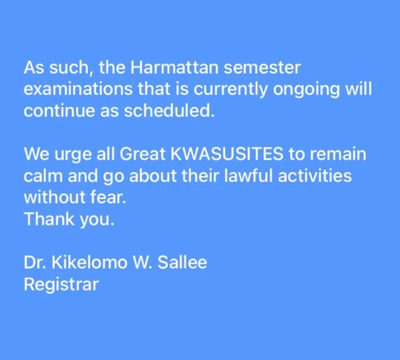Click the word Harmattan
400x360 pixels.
click(175, 67)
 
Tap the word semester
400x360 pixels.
click(262, 68)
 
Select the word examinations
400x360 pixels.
click(78, 89)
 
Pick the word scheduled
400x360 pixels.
click(169, 111)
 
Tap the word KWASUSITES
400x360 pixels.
click(227, 154)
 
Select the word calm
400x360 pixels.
click(43, 176)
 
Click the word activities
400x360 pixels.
click(315, 176)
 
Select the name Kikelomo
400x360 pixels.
click(90, 262)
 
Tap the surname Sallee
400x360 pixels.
click(182, 262)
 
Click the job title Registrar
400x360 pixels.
click(61, 284)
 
